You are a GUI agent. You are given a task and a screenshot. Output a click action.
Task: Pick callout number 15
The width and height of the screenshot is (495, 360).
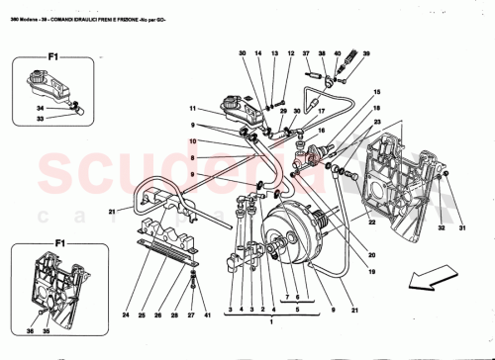point(376,93)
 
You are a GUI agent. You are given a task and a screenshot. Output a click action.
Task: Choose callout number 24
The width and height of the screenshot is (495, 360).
point(127,315)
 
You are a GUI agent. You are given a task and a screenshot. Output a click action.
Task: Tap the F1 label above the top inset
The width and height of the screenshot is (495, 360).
point(30,44)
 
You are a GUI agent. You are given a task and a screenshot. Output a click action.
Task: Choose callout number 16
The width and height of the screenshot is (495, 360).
point(321,131)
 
